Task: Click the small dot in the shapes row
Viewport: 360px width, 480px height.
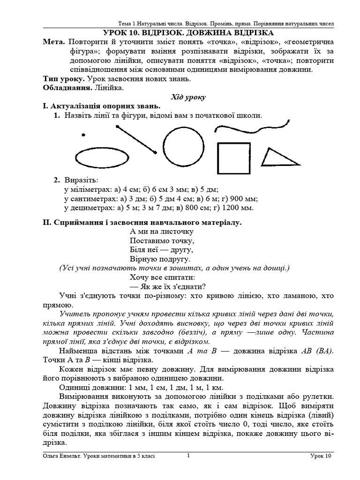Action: pyautogui.click(x=83, y=135)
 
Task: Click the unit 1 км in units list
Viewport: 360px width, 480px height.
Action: pyautogui.click(x=214, y=387)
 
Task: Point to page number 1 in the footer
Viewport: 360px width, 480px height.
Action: pyautogui.click(x=188, y=455)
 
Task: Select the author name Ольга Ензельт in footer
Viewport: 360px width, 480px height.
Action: pyautogui.click(x=58, y=456)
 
